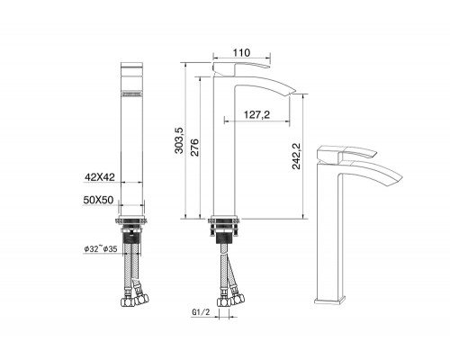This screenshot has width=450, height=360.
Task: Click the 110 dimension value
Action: (241, 53)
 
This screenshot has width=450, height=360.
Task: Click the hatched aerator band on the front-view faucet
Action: (133, 92)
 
